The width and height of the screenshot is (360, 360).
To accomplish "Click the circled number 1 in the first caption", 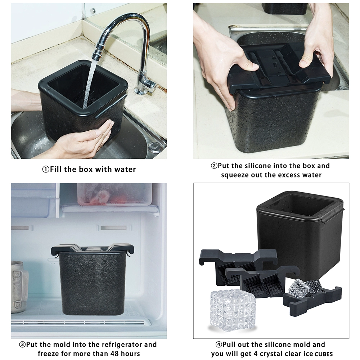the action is pos(46,170).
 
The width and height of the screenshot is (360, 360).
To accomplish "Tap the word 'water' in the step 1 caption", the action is pos(125,170).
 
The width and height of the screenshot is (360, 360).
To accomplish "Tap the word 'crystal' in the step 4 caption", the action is pos(270,354).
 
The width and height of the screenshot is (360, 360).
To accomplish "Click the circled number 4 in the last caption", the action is pos(219,345).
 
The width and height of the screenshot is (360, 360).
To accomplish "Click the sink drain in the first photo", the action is pos(155,146).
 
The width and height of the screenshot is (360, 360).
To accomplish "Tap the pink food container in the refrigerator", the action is pos(114,194).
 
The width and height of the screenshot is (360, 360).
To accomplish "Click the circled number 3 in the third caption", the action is pos(22,345).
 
